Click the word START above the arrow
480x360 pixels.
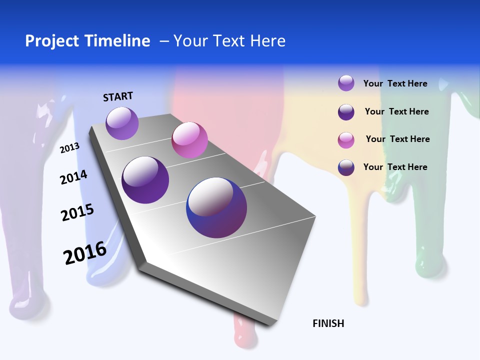click(x=118, y=96)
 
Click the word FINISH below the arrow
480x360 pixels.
click(x=328, y=323)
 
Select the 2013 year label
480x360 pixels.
click(x=69, y=147)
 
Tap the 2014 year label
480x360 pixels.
click(x=73, y=177)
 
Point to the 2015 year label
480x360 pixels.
click(x=77, y=212)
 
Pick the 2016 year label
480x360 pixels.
click(x=85, y=253)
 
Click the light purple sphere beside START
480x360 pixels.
click(x=122, y=123)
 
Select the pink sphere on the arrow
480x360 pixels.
click(x=189, y=140)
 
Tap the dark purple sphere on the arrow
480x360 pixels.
click(x=145, y=180)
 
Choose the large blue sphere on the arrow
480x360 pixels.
click(x=216, y=207)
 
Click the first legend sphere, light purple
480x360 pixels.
click(x=346, y=83)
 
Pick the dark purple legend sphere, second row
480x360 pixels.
click(x=346, y=112)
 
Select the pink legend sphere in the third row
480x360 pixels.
click(x=346, y=140)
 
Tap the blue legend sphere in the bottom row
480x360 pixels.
click(x=346, y=167)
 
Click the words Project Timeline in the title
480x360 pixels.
click(x=87, y=41)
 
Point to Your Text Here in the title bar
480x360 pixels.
click(x=229, y=41)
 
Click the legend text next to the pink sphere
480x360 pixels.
click(x=397, y=139)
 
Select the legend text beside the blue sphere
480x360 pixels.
click(x=395, y=167)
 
